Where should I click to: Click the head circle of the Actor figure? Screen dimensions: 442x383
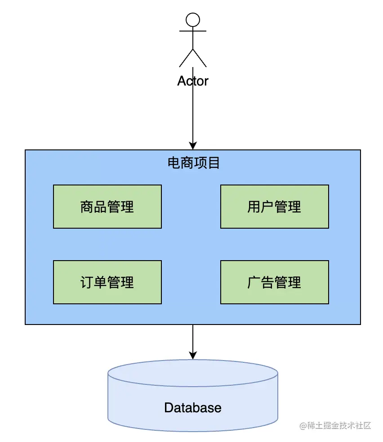tap(193, 19)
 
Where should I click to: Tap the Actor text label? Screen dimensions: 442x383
tap(193, 81)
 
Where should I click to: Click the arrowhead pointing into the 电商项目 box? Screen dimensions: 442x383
tap(193, 145)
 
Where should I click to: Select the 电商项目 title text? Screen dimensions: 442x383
tap(193, 163)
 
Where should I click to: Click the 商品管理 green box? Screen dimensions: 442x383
tap(107, 207)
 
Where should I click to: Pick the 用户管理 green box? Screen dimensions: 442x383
tap(274, 207)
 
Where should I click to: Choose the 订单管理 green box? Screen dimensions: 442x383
tap(107, 282)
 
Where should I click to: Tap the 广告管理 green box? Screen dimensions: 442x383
tap(274, 282)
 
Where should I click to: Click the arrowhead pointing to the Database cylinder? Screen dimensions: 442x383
tap(193, 355)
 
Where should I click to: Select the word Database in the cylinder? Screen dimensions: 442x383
tap(193, 408)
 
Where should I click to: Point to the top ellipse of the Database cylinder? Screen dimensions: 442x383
tap(193, 373)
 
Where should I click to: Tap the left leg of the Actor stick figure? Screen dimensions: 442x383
tap(186, 58)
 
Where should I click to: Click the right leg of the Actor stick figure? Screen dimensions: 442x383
tap(200, 58)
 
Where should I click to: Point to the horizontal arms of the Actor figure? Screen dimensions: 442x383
tap(193, 31)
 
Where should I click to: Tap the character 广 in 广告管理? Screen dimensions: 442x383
tap(254, 283)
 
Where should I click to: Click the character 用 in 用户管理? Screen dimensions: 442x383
tap(254, 207)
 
